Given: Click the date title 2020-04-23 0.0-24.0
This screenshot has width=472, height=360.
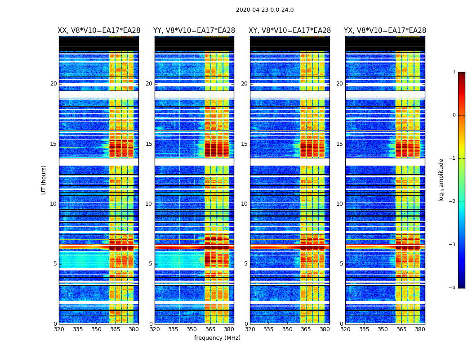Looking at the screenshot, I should pyautogui.click(x=265, y=10).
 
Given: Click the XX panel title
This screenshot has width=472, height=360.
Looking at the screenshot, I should pyautogui.click(x=99, y=31).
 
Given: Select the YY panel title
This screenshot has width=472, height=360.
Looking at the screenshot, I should pyautogui.click(x=194, y=31).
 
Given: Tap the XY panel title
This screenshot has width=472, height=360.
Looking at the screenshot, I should pyautogui.click(x=290, y=31).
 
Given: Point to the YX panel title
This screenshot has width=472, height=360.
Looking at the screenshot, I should pyautogui.click(x=385, y=31).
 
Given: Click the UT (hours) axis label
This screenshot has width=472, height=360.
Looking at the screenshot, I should pyautogui.click(x=44, y=180).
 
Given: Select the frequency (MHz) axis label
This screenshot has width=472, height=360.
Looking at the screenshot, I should pyautogui.click(x=217, y=338).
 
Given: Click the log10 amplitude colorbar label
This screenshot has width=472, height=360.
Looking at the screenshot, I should pyautogui.click(x=441, y=180).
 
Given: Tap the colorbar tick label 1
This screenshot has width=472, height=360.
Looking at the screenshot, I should pyautogui.click(x=454, y=72).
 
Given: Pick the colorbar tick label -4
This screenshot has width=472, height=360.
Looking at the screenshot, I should pyautogui.click(x=453, y=288).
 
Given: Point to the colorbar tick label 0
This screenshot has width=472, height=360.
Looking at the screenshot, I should pyautogui.click(x=454, y=115).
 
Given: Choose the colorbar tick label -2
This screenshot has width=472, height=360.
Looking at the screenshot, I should pyautogui.click(x=453, y=202).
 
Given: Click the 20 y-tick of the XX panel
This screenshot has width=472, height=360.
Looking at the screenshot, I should pyautogui.click(x=53, y=84).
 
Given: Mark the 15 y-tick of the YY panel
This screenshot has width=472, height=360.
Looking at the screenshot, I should pyautogui.click(x=149, y=144).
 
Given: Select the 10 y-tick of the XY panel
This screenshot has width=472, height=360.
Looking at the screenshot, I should pyautogui.click(x=244, y=204).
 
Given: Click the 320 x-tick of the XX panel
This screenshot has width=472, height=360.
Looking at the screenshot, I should pyautogui.click(x=59, y=329).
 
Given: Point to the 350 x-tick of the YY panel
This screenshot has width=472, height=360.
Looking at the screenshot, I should pyautogui.click(x=192, y=329).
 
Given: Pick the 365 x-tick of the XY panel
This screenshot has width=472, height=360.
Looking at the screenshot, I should pyautogui.click(x=306, y=329).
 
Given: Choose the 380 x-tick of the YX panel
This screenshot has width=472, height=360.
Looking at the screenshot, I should pyautogui.click(x=420, y=329).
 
